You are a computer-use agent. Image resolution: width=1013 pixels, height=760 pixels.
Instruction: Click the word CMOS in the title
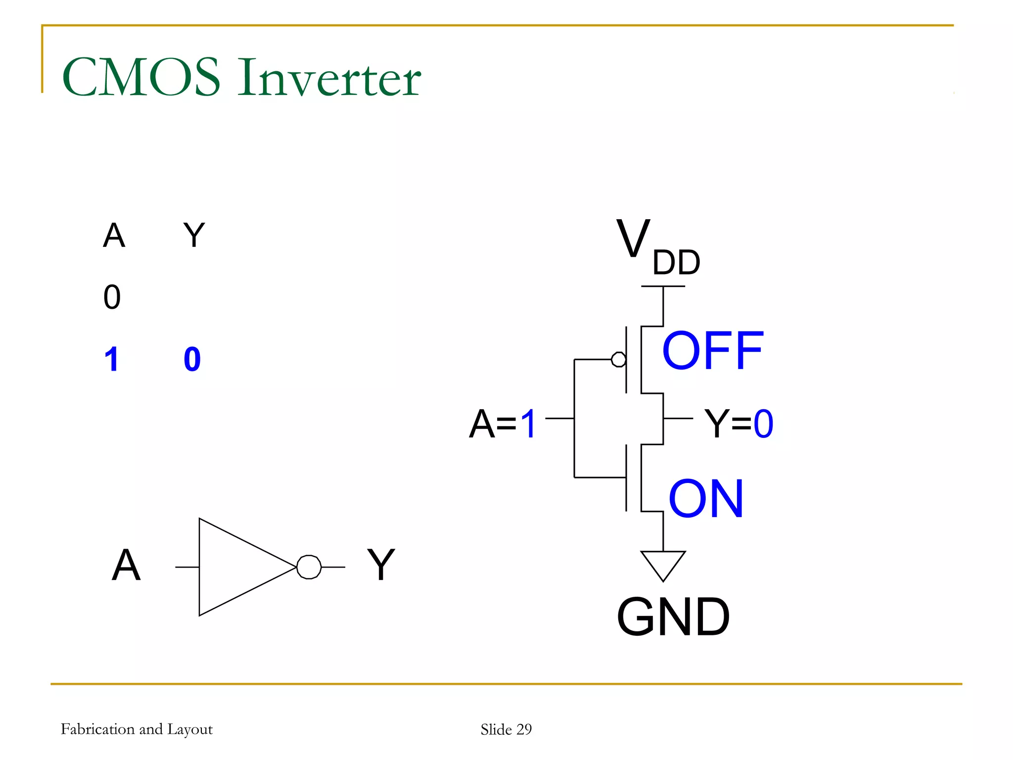pyautogui.click(x=141, y=78)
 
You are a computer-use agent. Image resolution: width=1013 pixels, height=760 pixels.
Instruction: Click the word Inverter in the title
pyautogui.click(x=329, y=78)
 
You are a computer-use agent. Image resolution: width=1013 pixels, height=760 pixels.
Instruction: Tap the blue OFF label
pyautogui.click(x=712, y=351)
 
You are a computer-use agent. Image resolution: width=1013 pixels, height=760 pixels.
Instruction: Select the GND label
pyautogui.click(x=673, y=617)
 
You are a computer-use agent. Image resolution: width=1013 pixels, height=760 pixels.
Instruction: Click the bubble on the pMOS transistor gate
pyautogui.click(x=618, y=359)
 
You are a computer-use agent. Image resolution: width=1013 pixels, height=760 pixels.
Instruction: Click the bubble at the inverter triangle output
pyautogui.click(x=309, y=567)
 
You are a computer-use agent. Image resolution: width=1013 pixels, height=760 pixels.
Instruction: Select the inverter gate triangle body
pyautogui.click(x=237, y=567)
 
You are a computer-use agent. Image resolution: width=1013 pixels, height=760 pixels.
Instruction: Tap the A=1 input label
pyautogui.click(x=502, y=424)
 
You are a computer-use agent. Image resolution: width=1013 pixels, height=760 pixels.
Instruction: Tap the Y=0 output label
pyautogui.click(x=738, y=424)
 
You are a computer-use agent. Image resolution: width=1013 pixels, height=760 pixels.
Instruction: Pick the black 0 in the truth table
pyautogui.click(x=112, y=297)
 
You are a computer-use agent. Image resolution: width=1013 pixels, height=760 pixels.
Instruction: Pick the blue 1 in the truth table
pyautogui.click(x=112, y=359)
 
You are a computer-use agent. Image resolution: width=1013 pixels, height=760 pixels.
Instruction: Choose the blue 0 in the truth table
pyautogui.click(x=192, y=359)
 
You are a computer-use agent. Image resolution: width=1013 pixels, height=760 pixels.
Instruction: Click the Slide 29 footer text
pyautogui.click(x=506, y=729)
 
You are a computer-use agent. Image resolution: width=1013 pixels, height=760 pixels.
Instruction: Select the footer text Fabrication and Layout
pyautogui.click(x=137, y=729)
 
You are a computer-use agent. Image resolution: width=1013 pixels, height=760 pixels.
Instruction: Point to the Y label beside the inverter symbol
pyautogui.click(x=380, y=565)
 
